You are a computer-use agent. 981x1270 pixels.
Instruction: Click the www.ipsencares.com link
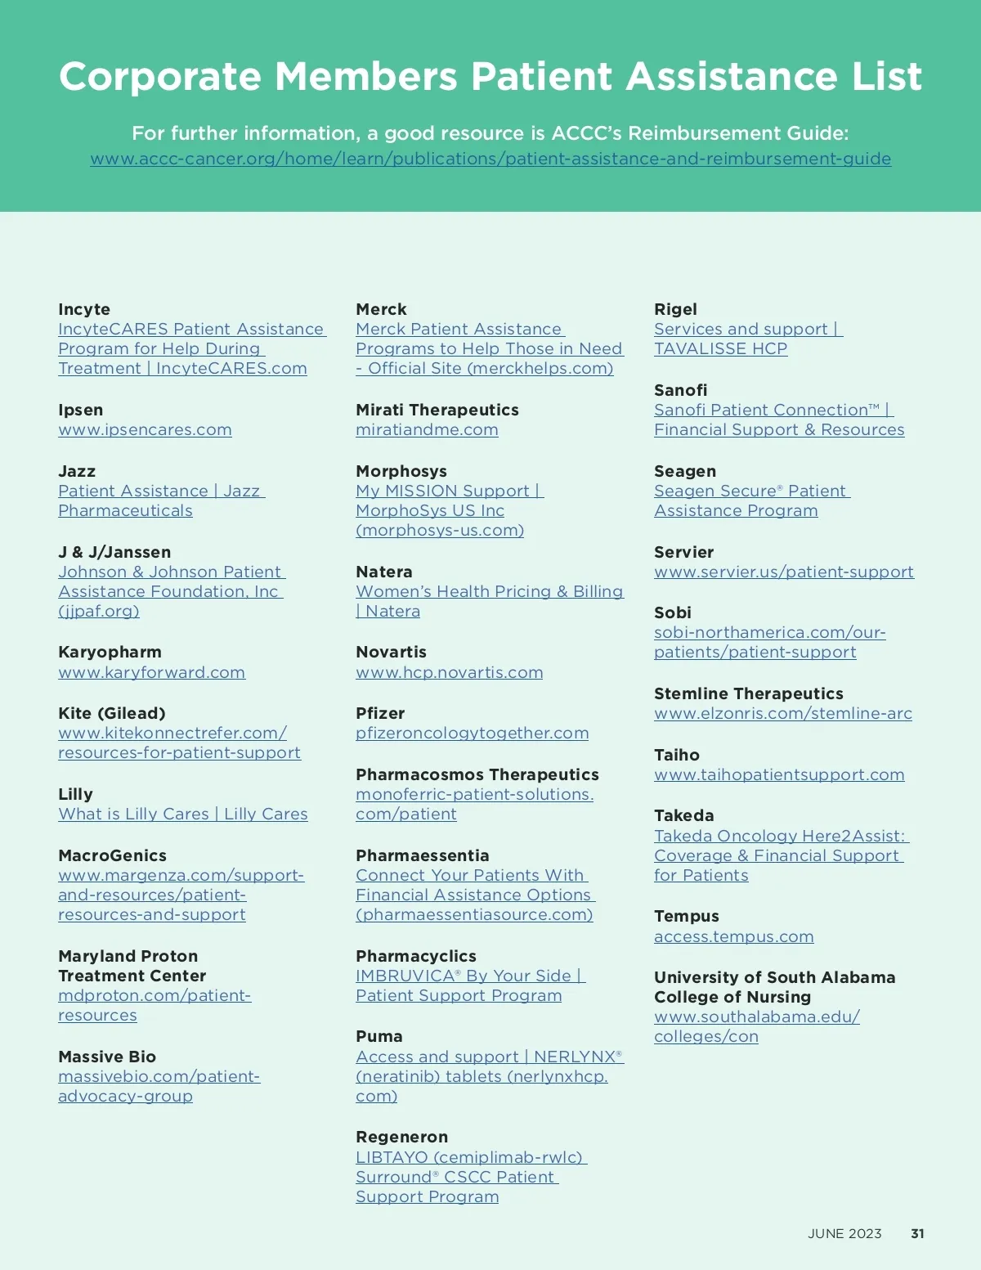[145, 430]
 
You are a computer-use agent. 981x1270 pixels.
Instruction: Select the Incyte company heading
[84, 309]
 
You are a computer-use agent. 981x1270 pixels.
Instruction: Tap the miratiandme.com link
[427, 430]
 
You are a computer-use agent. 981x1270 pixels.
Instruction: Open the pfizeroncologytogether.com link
[472, 734]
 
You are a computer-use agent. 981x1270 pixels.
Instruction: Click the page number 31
[917, 1233]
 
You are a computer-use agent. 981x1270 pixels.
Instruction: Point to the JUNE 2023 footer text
[844, 1233]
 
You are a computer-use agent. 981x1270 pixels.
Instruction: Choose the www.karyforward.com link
[151, 672]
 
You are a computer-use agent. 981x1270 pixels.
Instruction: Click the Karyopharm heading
[110, 652]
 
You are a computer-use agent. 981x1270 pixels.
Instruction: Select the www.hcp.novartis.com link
[449, 672]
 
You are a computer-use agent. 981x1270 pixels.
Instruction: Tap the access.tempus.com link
[733, 936]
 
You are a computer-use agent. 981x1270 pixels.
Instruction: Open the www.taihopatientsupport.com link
[779, 774]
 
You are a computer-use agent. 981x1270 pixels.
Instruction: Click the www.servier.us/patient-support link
[783, 572]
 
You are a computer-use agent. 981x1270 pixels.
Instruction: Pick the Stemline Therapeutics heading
[748, 693]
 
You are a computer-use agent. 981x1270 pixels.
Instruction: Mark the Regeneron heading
[401, 1137]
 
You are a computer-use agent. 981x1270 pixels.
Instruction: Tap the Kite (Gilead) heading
[111, 713]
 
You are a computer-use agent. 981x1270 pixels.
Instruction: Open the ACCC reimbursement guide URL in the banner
[490, 159]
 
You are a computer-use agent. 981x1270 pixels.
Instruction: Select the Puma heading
[379, 1036]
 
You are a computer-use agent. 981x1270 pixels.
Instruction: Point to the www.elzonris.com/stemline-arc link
[782, 714]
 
